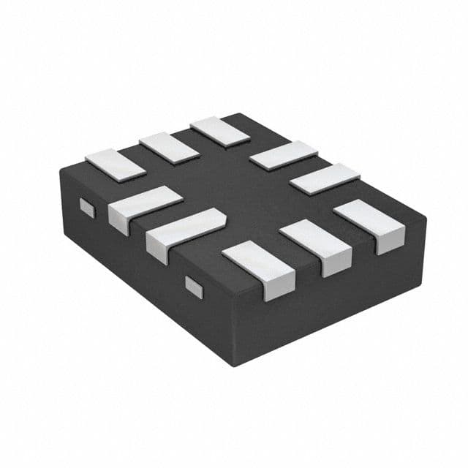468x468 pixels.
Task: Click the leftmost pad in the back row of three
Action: click(116, 164)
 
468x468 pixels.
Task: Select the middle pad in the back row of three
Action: click(169, 147)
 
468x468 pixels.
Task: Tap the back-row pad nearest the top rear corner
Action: click(220, 131)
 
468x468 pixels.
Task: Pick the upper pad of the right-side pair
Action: click(283, 156)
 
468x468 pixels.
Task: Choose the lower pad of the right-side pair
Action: click(325, 178)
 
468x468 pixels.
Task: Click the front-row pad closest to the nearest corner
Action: click(257, 260)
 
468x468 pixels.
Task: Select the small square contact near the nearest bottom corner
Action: click(194, 287)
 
